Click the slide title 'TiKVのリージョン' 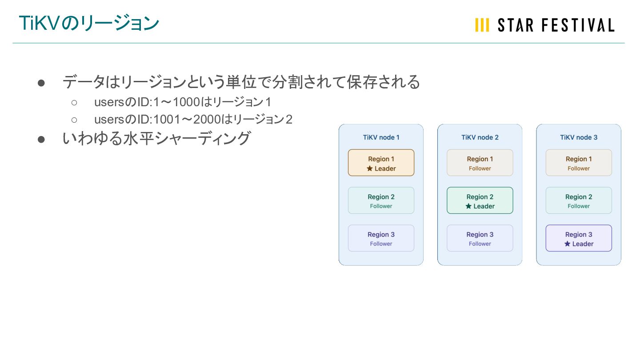[89, 24]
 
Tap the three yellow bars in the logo [482, 25]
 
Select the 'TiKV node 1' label [381, 137]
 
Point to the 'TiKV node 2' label [480, 137]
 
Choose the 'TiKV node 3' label [578, 137]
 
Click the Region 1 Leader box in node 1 [381, 163]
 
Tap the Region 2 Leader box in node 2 [480, 200]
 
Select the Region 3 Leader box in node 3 [578, 238]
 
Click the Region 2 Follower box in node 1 [381, 200]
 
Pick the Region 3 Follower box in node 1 [381, 238]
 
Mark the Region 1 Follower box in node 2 [480, 163]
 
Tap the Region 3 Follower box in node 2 [480, 238]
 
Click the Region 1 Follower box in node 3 [578, 163]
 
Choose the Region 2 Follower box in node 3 [578, 200]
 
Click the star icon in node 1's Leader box [369, 168]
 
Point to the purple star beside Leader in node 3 [567, 244]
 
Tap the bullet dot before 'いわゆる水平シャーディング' [41, 139]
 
